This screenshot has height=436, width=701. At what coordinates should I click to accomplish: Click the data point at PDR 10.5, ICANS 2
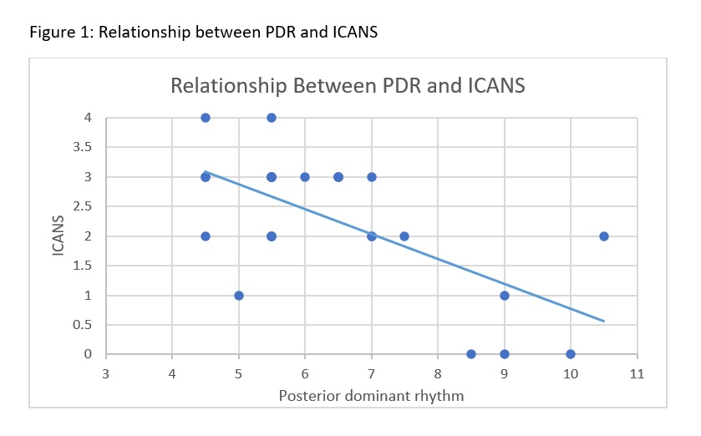(x=603, y=236)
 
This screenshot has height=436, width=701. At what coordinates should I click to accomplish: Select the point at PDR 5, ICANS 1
(x=239, y=296)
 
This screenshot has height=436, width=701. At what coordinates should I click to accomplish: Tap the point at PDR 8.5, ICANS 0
(x=471, y=354)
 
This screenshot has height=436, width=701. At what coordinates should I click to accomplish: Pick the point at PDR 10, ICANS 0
(x=571, y=354)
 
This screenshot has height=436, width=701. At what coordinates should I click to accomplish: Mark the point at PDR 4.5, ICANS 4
(x=206, y=118)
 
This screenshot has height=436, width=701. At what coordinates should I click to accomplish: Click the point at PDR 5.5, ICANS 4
(x=272, y=118)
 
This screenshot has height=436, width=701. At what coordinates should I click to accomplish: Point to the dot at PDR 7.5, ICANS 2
(x=404, y=236)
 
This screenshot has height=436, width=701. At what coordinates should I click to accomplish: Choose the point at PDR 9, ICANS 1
(x=505, y=296)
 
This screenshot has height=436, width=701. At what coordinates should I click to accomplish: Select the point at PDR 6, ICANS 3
(x=305, y=177)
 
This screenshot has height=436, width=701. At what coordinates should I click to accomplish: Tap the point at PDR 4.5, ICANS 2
(x=206, y=236)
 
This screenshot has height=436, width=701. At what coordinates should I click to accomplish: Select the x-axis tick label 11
(x=637, y=373)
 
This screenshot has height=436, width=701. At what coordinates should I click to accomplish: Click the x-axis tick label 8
(x=438, y=373)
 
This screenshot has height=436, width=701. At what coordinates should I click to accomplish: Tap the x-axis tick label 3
(x=106, y=373)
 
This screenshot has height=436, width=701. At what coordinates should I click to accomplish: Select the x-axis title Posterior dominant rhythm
(x=371, y=395)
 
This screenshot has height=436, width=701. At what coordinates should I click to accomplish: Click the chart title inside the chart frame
(x=348, y=85)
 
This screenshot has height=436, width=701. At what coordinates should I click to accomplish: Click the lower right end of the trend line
(x=603, y=321)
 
